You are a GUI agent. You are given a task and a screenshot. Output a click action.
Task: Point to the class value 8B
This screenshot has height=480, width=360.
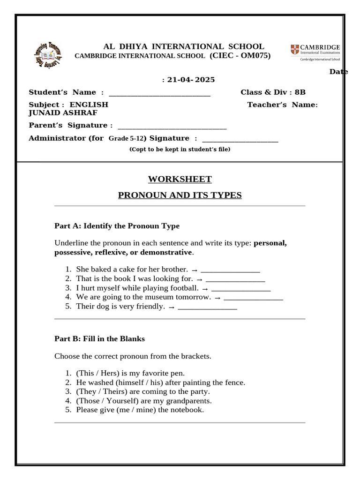(300, 92)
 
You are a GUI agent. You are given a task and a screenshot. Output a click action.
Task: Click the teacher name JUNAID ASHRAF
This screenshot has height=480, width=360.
(63, 112)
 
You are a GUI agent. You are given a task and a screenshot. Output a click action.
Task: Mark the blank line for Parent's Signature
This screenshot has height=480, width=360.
(172, 126)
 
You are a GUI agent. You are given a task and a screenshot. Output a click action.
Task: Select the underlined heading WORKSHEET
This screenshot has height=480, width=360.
(180, 179)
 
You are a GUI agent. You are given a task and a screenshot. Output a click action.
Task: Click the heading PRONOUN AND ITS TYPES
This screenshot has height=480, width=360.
(180, 195)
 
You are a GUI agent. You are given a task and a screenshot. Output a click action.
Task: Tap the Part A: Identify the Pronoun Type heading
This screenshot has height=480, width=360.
(117, 226)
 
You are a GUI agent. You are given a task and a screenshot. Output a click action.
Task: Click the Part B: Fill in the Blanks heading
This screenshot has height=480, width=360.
(99, 338)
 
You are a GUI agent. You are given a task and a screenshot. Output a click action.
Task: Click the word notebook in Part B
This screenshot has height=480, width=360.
(187, 410)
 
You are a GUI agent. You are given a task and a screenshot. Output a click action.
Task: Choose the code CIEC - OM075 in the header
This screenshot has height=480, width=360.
(240, 56)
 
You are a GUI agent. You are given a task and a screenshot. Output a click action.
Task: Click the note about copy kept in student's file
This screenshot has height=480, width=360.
(180, 150)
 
